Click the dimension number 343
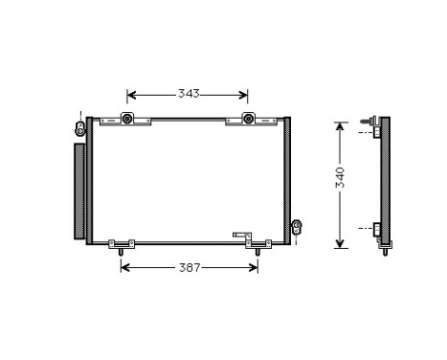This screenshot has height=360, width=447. (188, 94)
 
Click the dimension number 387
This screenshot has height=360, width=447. (190, 268)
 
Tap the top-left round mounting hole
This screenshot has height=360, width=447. (127, 120)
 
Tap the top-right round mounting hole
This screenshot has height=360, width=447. (248, 120)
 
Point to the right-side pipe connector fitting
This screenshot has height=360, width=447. (297, 226)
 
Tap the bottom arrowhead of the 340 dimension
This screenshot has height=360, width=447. (338, 244)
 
